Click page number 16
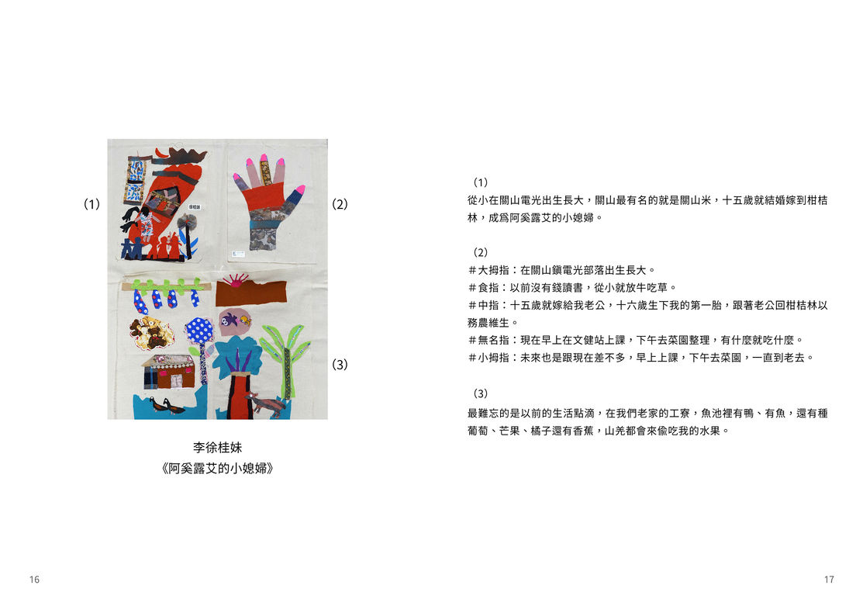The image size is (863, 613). click(x=34, y=580)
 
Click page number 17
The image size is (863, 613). click(x=829, y=580)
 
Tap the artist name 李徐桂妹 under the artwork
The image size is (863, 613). click(x=217, y=447)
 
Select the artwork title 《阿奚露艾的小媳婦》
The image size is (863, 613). click(x=217, y=469)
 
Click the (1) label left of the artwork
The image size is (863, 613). click(x=91, y=204)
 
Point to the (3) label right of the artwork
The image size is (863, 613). click(x=340, y=365)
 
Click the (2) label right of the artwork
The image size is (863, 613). click(x=340, y=204)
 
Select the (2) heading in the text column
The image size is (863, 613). click(x=481, y=252)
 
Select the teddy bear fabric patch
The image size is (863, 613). click(x=151, y=332)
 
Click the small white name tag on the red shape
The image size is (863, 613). click(x=195, y=207)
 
